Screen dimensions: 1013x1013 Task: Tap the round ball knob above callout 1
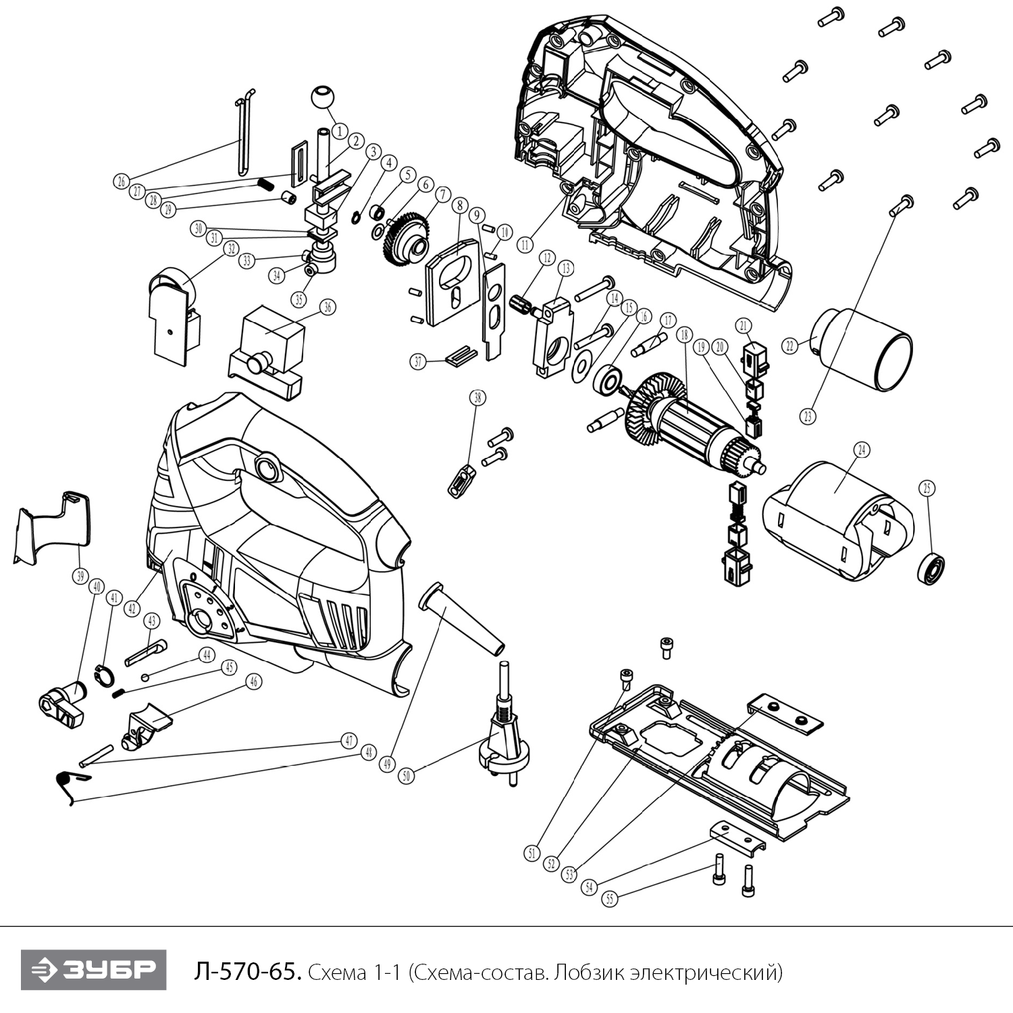323,97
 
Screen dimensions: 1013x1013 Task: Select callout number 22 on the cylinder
789,346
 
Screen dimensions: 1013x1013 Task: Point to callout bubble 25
927,488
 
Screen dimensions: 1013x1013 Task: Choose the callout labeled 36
328,307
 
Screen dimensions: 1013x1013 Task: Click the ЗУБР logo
93,970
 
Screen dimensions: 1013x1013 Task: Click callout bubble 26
120,181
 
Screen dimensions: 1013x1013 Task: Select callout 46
253,681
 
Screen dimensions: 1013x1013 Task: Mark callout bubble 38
478,398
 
